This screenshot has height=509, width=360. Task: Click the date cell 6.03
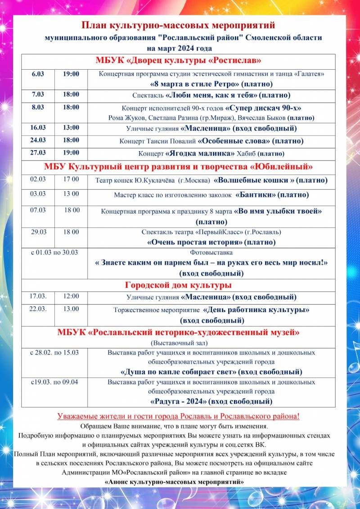[38, 74]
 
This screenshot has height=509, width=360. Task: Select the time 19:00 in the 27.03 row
[71, 152]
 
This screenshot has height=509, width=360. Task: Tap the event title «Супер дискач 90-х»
[263, 108]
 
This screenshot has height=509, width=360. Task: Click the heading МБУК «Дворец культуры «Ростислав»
[179, 61]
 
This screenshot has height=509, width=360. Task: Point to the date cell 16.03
[38, 128]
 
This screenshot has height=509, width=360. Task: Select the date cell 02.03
[38, 179]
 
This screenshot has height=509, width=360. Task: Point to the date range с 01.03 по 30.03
[54, 252]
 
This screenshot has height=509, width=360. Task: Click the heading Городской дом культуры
[178, 285]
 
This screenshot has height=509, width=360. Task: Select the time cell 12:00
[71, 296]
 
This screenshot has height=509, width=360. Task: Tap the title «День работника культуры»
[256, 310]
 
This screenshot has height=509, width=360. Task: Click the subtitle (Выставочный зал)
[178, 343]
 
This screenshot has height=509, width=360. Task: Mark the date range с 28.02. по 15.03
[54, 352]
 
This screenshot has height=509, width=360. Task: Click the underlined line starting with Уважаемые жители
[178, 416]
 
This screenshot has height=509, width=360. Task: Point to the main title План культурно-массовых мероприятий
[178, 25]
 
